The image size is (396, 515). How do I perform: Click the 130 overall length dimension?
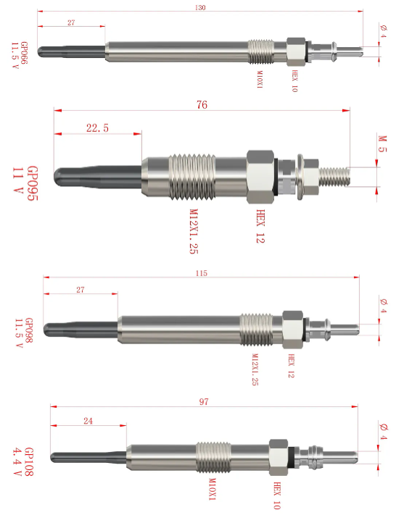200,7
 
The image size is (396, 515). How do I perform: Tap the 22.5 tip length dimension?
97,127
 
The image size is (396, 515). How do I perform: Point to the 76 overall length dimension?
202,105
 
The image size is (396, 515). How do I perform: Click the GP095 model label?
33,183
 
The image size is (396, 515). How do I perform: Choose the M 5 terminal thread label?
382,144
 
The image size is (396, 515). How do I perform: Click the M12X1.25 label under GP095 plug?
194,231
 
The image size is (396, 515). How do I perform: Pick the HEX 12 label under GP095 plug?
260,226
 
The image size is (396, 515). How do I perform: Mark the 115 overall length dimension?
202,273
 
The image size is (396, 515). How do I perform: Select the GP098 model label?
29,330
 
